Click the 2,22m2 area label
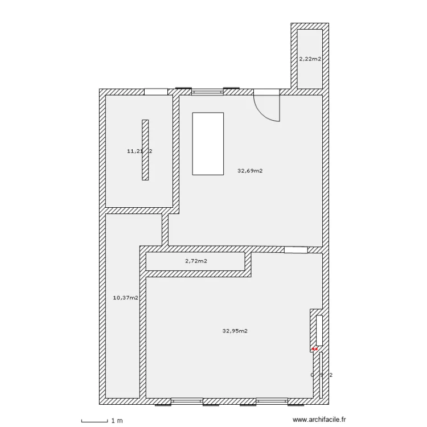[310, 58]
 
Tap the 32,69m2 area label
[250, 170]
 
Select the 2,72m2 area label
[195, 261]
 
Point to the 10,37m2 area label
[126, 297]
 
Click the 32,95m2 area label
[235, 331]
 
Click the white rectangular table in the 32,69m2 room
[208, 143]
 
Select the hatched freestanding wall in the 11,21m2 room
[145, 150]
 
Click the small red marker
[314, 348]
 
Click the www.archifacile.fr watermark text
[319, 420]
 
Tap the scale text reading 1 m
[117, 421]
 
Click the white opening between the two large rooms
[295, 249]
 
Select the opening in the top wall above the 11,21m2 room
[155, 92]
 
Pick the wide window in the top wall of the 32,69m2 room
[207, 92]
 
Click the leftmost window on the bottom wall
[164, 401]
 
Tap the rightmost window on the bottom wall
[295, 401]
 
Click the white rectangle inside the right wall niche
[319, 330]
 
